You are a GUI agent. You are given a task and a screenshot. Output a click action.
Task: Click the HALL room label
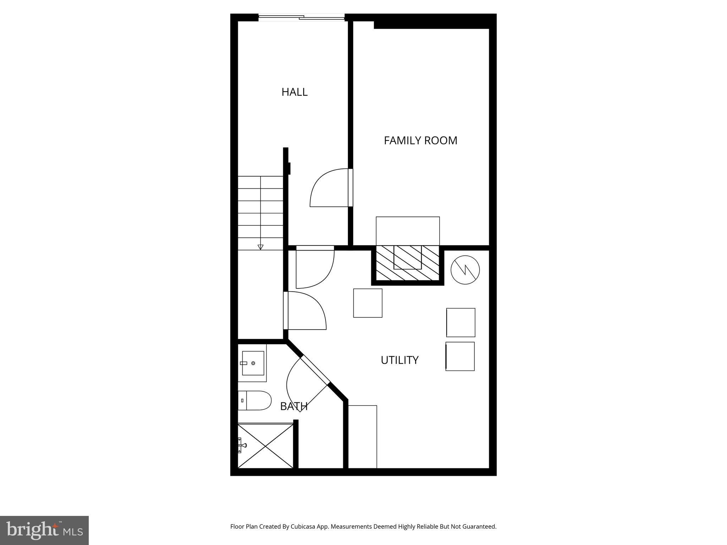[294, 92]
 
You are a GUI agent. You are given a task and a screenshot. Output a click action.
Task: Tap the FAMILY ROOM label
[420, 141]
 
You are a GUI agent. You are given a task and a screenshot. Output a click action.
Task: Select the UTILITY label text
[399, 360]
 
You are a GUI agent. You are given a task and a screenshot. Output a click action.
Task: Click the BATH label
[294, 406]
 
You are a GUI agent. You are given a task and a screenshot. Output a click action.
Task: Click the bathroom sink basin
[253, 363]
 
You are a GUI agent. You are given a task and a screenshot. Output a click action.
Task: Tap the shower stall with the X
[266, 446]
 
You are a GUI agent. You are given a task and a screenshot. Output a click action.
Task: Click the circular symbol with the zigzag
[465, 270]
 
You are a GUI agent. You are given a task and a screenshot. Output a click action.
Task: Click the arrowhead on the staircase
[261, 247]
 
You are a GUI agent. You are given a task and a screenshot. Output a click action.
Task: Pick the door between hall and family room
[330, 188]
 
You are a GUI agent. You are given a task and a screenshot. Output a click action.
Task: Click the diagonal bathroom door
[307, 385]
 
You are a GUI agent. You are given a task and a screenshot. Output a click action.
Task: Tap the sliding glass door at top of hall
[301, 17]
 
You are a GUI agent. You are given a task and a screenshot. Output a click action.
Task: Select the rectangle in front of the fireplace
[408, 231]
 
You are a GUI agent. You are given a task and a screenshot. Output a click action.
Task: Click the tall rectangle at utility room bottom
[362, 436]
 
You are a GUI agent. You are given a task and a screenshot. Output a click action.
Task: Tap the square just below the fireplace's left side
[368, 303]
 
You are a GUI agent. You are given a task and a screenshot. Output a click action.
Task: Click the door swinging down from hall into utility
[314, 268]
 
